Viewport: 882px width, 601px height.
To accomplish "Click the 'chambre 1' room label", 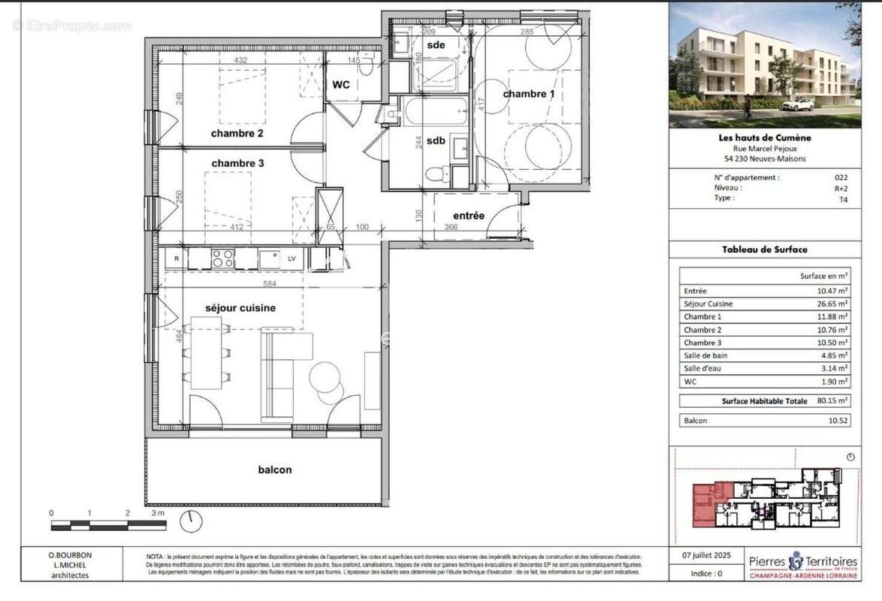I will click(529, 94).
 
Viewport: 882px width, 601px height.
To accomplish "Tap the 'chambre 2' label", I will click(237, 134).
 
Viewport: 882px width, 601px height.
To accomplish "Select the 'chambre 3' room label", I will click(237, 163).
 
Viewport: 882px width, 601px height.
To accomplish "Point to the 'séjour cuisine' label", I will click(240, 308).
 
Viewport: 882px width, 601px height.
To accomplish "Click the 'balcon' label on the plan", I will click(275, 470).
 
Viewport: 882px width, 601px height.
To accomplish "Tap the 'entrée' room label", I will click(469, 216).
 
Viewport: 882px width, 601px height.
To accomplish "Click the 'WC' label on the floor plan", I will click(341, 85).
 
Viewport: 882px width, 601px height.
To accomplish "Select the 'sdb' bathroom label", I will click(436, 140).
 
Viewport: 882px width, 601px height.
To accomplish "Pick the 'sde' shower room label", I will click(436, 45).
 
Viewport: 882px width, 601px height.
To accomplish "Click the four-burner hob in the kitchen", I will click(222, 258).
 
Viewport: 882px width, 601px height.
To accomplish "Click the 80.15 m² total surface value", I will click(832, 401).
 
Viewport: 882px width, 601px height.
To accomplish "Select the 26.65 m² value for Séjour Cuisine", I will click(832, 304).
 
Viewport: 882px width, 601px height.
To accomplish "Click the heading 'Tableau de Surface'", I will click(765, 249).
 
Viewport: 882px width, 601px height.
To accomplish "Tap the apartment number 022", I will click(841, 178).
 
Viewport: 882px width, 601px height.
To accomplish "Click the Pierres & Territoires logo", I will click(802, 566).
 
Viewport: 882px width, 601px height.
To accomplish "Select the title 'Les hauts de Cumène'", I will click(765, 137).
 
